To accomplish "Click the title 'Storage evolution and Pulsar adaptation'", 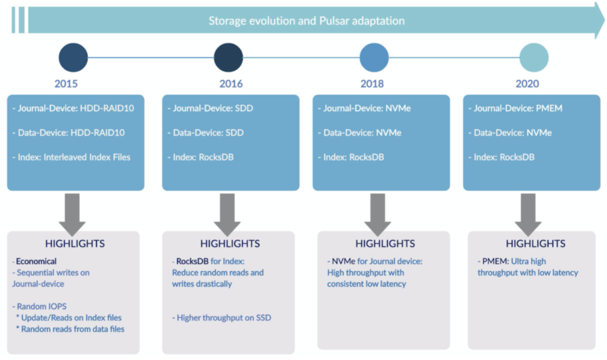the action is (x=307, y=20).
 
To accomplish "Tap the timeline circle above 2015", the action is (x=73, y=58).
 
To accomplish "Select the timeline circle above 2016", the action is (x=228, y=58).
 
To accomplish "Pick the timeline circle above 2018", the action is (x=374, y=58).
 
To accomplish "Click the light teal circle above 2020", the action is (x=534, y=58).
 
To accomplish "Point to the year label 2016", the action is (x=231, y=84).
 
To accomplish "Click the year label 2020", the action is (x=527, y=84).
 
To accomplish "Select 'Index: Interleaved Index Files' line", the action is (x=71, y=157).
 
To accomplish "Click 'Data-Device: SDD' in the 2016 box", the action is (x=206, y=133).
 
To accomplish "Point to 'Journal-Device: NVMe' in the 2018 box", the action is (x=364, y=108).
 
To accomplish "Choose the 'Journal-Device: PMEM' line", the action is (x=515, y=108).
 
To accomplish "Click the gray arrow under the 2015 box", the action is (x=73, y=215).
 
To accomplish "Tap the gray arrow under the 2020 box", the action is (x=528, y=215).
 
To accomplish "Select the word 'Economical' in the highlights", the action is (x=36, y=261).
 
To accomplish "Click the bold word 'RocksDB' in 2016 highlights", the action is (x=192, y=261).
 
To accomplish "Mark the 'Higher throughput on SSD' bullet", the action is (x=221, y=318).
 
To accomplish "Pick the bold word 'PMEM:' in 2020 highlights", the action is (x=496, y=261).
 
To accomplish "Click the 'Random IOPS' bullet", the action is (x=39, y=307).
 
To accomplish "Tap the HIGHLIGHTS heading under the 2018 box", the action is (x=385, y=244).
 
